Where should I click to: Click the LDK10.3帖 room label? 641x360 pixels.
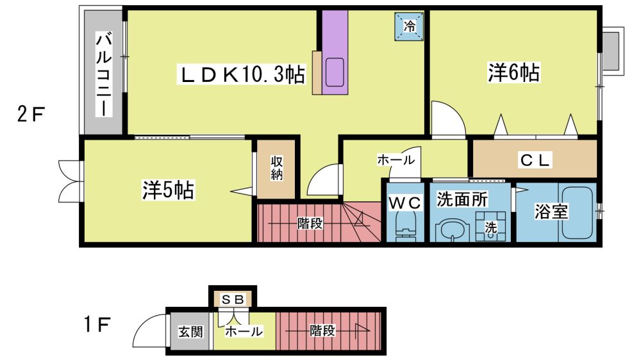[241, 74]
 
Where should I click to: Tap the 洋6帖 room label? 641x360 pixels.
[513, 73]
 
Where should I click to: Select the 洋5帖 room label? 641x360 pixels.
[168, 190]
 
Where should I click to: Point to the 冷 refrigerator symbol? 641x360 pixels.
[409, 26]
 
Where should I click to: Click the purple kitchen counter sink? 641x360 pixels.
[335, 72]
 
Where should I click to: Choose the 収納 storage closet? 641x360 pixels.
[276, 169]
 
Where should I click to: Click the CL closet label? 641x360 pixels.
[535, 160]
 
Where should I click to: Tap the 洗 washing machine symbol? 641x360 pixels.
[490, 226]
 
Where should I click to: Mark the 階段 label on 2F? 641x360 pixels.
[310, 224]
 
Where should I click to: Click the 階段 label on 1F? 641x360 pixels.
[322, 330]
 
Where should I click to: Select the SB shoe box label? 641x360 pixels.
[233, 300]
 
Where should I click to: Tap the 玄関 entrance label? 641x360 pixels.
[190, 331]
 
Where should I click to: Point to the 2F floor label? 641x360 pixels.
[31, 114]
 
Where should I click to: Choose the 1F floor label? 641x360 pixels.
[97, 325]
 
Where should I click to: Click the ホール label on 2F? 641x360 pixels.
[395, 160]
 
